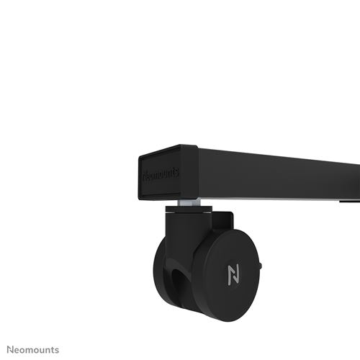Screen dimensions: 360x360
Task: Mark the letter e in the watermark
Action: pyautogui.click(x=12, y=350)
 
